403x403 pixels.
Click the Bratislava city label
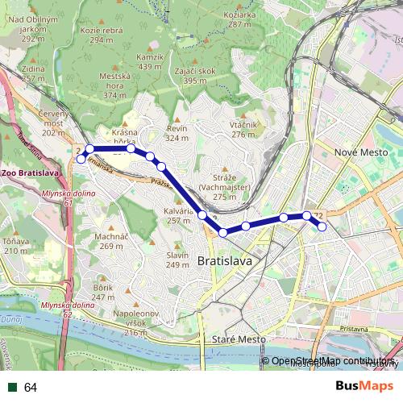click(x=225, y=261)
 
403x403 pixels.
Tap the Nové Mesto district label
click(x=361, y=152)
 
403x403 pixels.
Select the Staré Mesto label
click(x=238, y=341)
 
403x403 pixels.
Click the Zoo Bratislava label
click(x=31, y=173)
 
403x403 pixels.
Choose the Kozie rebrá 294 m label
click(x=102, y=35)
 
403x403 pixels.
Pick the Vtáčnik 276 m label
click(x=243, y=129)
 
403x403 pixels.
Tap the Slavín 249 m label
click(x=177, y=260)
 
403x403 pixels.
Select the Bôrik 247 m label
click(x=103, y=292)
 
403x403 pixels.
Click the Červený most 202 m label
click(x=53, y=123)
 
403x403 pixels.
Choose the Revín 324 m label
click(x=177, y=133)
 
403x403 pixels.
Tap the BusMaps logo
click(x=365, y=387)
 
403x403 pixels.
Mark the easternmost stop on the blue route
click(x=322, y=226)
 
